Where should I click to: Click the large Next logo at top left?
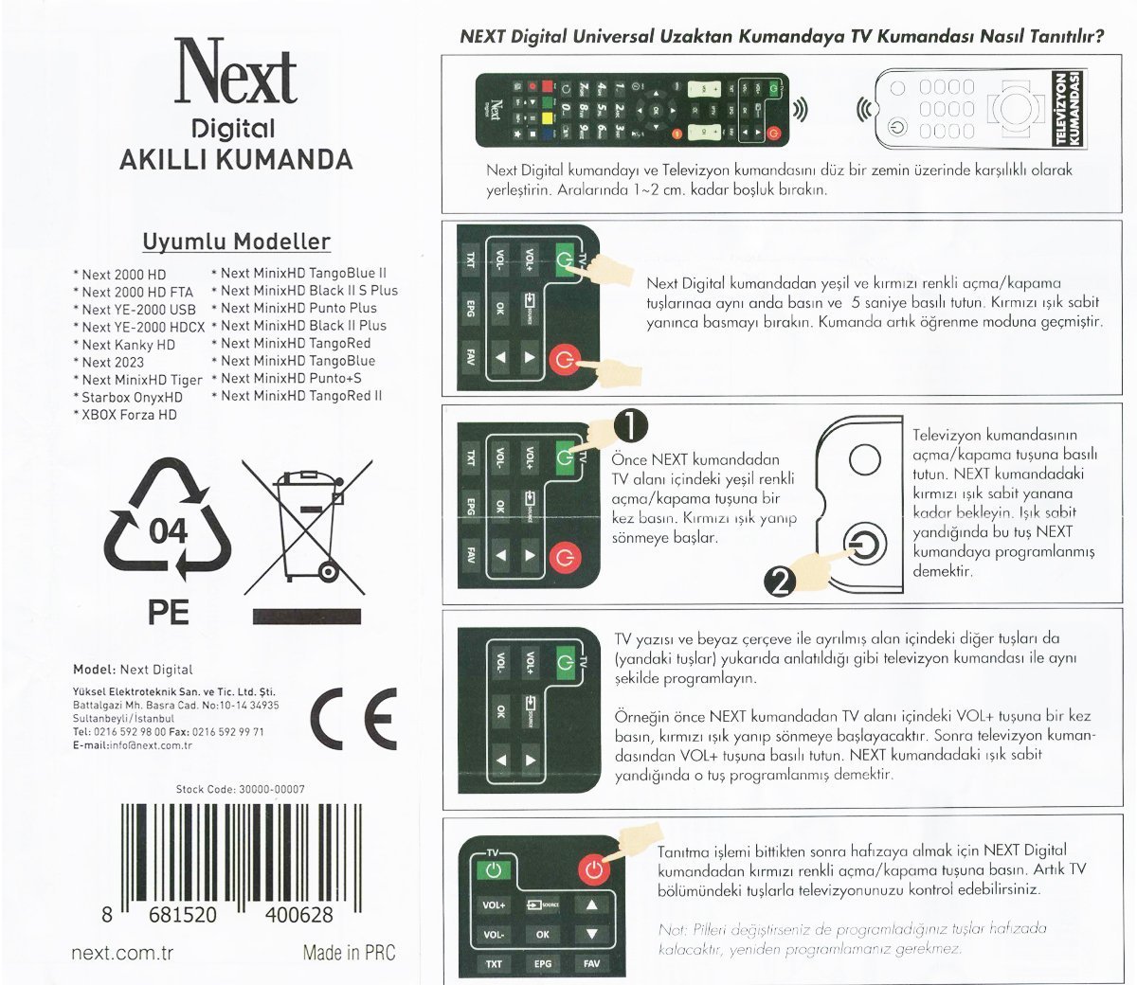(x=235, y=71)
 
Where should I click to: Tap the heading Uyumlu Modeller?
(x=237, y=242)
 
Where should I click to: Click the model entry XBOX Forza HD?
(x=125, y=415)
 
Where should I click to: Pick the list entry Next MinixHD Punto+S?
(x=287, y=379)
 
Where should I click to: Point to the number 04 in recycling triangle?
(x=168, y=532)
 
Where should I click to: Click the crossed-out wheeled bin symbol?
(x=307, y=528)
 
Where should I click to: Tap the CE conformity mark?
(x=353, y=719)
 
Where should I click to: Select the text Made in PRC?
(x=349, y=953)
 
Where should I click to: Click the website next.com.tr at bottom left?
(x=122, y=953)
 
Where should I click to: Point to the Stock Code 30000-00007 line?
(x=241, y=789)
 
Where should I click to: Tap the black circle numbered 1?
(x=630, y=426)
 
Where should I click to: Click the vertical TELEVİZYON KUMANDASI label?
(x=1069, y=108)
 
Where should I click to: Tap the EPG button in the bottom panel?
(x=542, y=963)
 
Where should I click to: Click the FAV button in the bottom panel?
(x=591, y=963)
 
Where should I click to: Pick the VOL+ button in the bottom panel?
(x=494, y=904)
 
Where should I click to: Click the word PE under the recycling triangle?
(x=169, y=612)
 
